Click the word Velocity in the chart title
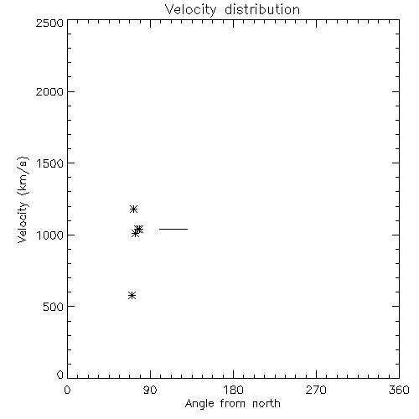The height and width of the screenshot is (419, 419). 190,10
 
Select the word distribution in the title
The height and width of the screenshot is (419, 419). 262,9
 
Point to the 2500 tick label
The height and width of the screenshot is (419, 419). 49,23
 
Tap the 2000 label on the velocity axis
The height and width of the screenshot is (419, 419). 49,91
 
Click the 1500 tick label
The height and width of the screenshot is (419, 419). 50,163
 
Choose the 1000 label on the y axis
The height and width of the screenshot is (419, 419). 50,235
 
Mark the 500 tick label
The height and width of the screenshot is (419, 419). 54,307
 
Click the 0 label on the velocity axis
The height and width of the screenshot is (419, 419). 60,375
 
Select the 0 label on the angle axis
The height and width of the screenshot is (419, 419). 67,390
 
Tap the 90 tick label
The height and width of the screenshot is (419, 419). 150,390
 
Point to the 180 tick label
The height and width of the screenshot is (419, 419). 233,390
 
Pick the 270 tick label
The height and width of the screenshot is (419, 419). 316,390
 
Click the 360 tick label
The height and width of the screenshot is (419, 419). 399,390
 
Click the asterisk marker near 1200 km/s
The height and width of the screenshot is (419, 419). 133,209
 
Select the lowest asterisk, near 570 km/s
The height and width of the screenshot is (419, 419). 132,295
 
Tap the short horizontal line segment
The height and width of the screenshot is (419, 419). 173,229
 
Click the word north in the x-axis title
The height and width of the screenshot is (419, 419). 266,403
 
